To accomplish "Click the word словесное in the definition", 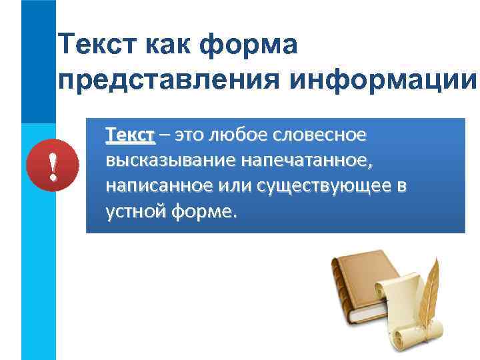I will (318, 136).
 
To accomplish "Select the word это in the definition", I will (190, 136).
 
